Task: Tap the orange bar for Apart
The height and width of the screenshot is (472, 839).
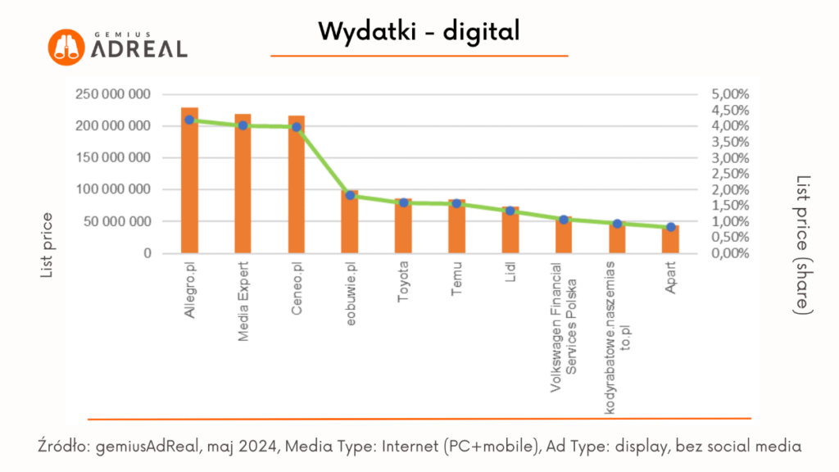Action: click(x=670, y=239)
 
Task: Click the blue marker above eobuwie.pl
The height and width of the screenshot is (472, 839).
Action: click(x=350, y=195)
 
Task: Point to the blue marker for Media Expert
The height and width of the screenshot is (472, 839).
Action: click(x=243, y=125)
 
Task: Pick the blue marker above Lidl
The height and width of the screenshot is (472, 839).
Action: click(x=510, y=211)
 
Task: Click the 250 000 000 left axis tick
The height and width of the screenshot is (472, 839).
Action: click(x=112, y=94)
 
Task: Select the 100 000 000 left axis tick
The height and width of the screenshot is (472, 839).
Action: click(x=112, y=189)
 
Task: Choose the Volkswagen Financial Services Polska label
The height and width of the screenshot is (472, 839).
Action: click(x=564, y=328)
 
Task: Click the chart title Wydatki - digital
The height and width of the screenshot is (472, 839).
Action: click(x=419, y=32)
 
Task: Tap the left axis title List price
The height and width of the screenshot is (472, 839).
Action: click(x=48, y=245)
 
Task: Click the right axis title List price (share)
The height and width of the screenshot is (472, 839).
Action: click(x=804, y=245)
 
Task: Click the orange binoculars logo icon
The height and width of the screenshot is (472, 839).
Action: click(x=66, y=48)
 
